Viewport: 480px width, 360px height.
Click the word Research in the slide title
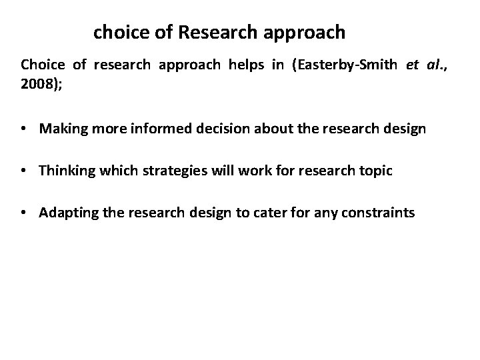coord(217,31)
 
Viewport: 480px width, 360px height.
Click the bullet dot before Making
coord(25,129)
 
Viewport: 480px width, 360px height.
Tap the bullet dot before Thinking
coord(25,171)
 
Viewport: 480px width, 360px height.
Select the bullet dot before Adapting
coord(25,213)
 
